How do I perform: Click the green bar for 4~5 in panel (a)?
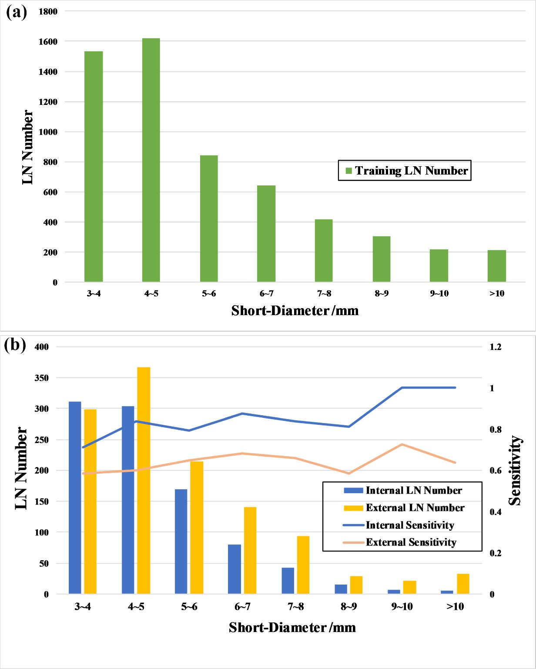coord(151,160)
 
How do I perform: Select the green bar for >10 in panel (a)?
coord(496,266)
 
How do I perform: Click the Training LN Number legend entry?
coord(405,171)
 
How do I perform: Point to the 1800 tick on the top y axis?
coord(48,12)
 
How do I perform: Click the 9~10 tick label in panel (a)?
coord(439,294)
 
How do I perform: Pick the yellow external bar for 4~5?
coord(144,481)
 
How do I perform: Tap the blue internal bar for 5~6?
coord(181,541)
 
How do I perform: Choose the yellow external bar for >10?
coord(463,584)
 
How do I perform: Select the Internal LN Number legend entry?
coord(403,491)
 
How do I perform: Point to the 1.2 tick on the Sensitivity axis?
coord(496,347)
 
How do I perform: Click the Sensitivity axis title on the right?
coord(515,471)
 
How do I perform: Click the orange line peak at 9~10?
coord(402,444)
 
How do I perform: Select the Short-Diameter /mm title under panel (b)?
coord(292,627)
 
